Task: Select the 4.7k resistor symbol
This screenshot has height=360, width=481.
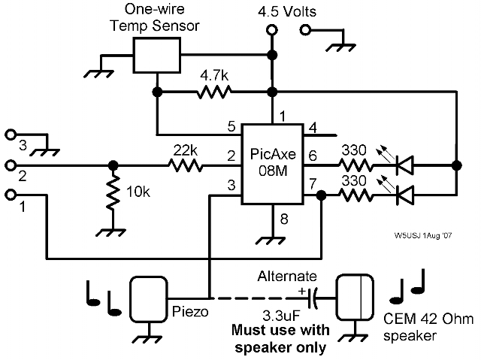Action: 213,93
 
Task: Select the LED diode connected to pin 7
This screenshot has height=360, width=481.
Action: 406,195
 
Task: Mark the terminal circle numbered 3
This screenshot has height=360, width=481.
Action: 11,135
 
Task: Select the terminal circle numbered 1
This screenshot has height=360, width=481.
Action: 11,195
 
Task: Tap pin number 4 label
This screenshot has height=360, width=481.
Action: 313,127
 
